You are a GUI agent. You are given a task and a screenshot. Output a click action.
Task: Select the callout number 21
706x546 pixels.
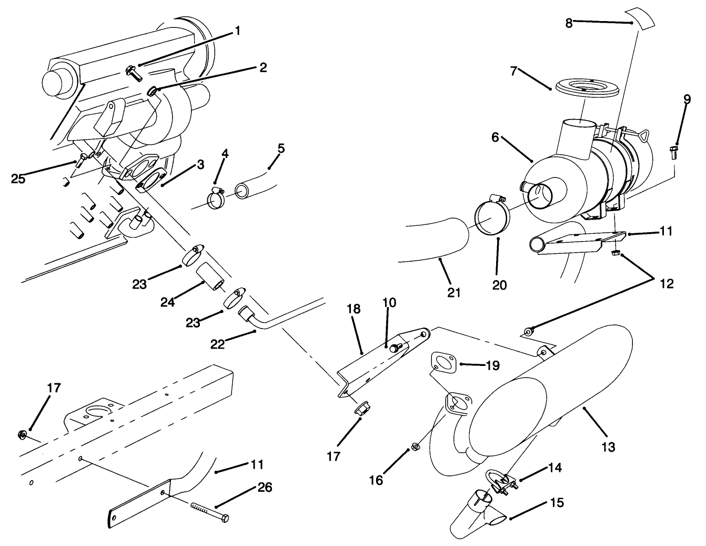pyautogui.click(x=453, y=292)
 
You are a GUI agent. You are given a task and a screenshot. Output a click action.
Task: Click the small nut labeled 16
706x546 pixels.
pyautogui.click(x=414, y=447)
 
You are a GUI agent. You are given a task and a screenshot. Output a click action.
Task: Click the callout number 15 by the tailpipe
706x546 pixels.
pyautogui.click(x=558, y=503)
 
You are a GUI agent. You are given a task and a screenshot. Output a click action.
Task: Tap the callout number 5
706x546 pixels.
pyautogui.click(x=281, y=148)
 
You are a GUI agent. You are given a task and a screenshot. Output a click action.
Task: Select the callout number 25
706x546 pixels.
pyautogui.click(x=18, y=178)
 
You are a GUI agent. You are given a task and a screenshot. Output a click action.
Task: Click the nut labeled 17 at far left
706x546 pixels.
pyautogui.click(x=23, y=434)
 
